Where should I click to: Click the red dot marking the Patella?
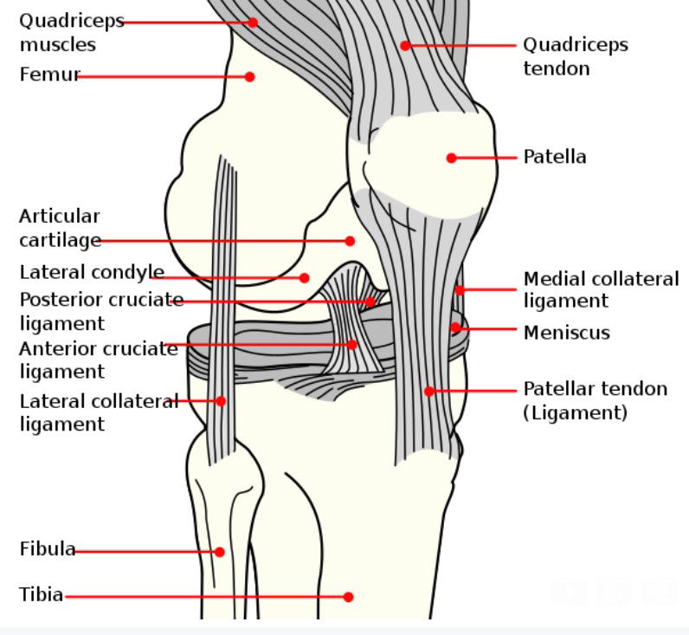point(451,158)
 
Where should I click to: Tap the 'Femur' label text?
point(50,75)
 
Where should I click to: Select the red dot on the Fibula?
point(220,552)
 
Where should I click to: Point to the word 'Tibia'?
point(42,594)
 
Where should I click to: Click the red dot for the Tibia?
point(349,597)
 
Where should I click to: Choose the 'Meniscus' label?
point(567,333)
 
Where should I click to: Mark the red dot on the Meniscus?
point(455,327)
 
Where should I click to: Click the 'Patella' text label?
point(555,157)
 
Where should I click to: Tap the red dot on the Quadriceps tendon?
point(405,45)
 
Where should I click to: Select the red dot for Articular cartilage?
point(350,241)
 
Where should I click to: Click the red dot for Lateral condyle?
point(304,277)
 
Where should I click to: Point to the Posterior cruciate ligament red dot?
point(370,301)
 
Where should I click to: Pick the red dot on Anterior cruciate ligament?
point(352,344)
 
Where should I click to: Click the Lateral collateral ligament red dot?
point(221,401)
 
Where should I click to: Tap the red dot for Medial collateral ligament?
point(459,290)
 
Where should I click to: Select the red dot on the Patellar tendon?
point(429,391)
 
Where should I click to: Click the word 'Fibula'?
point(48,549)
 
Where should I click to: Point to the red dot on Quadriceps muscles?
point(253,23)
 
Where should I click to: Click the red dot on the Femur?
point(249,77)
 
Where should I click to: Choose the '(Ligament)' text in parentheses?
point(576,413)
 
